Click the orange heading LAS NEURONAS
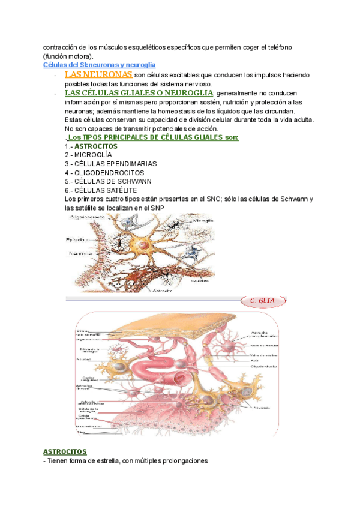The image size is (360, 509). [x=98, y=74]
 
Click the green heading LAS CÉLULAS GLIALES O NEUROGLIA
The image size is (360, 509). [x=138, y=94]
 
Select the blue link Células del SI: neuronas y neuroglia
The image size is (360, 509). [x=100, y=64]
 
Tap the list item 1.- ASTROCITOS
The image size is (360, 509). [x=91, y=146]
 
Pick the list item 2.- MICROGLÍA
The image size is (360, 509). [x=88, y=155]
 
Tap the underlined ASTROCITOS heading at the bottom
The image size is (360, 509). [x=65, y=451]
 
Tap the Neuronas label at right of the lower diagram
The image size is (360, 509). [x=261, y=408]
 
